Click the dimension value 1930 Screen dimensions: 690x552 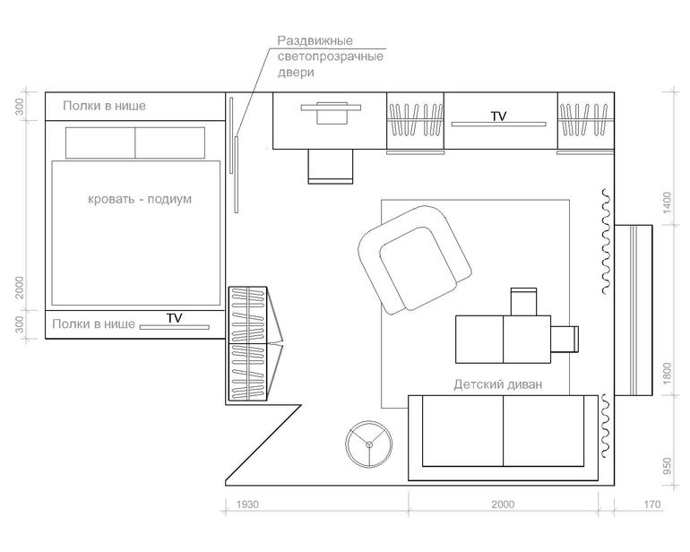click(x=247, y=504)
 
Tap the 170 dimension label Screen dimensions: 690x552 click(x=651, y=504)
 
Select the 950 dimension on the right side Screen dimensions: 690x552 click(x=667, y=466)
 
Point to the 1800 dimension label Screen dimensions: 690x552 click(x=667, y=374)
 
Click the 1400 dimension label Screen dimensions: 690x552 click(x=667, y=203)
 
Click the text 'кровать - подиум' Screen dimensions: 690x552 click(x=140, y=199)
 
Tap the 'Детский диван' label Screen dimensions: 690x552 click(x=497, y=384)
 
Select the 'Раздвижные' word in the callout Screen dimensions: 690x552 click(x=315, y=41)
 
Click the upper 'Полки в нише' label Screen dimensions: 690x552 click(x=104, y=106)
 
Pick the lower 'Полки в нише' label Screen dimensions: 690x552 click(x=94, y=324)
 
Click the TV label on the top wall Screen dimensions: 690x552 click(x=498, y=116)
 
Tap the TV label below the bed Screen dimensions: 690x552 click(x=174, y=318)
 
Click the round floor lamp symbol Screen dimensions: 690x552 click(x=369, y=444)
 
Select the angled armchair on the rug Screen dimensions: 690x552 click(x=415, y=260)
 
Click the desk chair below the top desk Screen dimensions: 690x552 click(x=331, y=167)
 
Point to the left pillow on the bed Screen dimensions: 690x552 click(x=100, y=142)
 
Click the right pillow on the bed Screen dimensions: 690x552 click(x=170, y=142)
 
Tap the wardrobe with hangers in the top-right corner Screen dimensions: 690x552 click(x=586, y=121)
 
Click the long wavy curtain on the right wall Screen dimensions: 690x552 click(x=606, y=241)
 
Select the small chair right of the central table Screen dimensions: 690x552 click(x=565, y=339)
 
